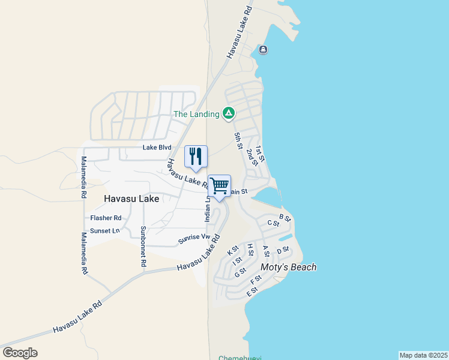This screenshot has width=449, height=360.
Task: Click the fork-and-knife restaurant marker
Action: point(195,157)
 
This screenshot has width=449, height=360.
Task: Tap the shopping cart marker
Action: point(219,186)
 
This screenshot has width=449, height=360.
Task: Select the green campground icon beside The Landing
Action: point(228,113)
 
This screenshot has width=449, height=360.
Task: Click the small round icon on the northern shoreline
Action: point(263,50)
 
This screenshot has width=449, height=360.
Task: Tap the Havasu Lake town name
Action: point(131,199)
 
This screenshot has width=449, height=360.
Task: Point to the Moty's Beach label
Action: point(288,267)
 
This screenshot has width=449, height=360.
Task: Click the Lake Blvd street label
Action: point(157,148)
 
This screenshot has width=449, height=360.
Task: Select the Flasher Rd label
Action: point(106,218)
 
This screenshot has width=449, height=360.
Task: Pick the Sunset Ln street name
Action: point(104,230)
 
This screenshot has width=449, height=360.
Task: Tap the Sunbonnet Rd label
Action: point(143,246)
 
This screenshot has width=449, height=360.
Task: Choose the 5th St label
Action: point(238,142)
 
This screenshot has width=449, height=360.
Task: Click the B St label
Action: point(285,217)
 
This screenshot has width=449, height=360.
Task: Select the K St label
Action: point(233,250)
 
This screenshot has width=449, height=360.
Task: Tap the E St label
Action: point(252,292)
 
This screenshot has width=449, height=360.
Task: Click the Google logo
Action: point(20,353)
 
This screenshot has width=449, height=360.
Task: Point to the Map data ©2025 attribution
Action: point(423,355)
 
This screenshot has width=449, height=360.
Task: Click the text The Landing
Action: point(196,114)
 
